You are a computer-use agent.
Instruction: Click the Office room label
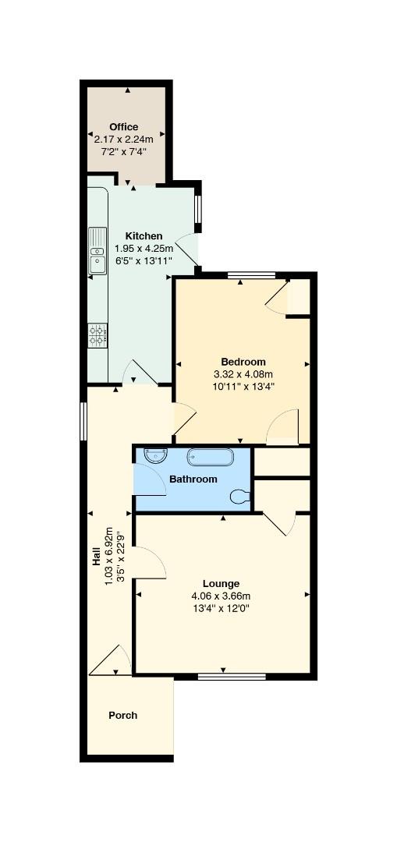tap(123, 127)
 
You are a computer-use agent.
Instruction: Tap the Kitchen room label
tap(144, 236)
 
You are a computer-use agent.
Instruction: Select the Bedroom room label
tap(243, 362)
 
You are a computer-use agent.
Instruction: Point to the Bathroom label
tap(193, 479)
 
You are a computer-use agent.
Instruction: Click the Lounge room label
tap(221, 584)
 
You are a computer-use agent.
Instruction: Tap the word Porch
tap(123, 715)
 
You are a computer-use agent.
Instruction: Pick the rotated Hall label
tap(97, 557)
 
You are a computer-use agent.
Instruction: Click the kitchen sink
tap(97, 251)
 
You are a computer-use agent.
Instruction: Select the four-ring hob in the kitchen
tap(97, 335)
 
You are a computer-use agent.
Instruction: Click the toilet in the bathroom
tap(240, 497)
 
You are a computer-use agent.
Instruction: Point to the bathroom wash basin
tap(156, 456)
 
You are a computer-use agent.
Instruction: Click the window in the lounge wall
tap(232, 677)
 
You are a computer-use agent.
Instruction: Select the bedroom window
tap(251, 275)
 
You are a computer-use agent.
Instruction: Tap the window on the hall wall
tap(83, 422)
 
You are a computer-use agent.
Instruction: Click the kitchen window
tap(197, 209)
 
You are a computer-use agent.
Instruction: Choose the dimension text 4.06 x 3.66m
tap(221, 596)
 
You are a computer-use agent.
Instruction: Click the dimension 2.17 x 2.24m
tap(123, 140)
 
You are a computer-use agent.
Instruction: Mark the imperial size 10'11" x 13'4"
tap(243, 386)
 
